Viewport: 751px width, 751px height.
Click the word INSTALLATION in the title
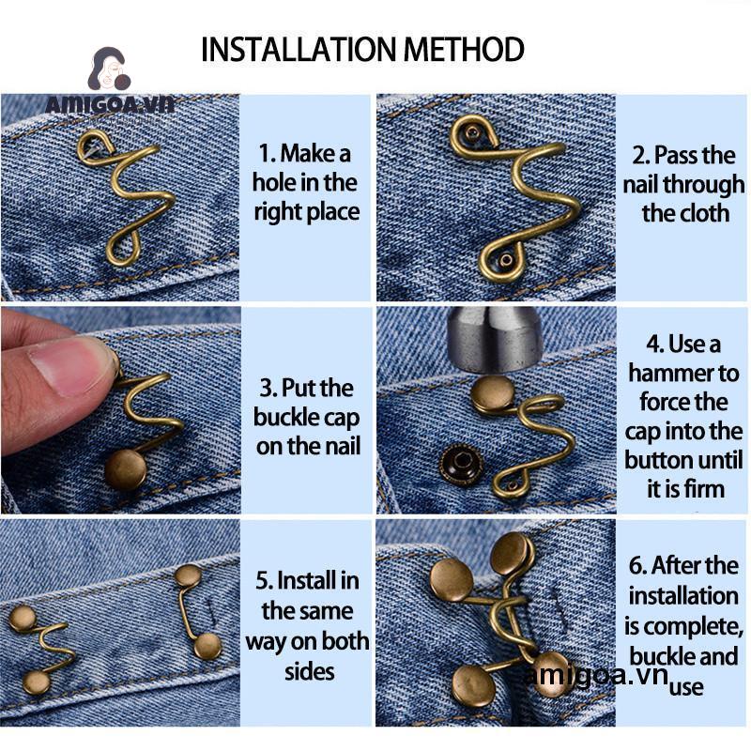(x=299, y=49)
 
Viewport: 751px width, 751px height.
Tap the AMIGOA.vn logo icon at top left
(x=110, y=69)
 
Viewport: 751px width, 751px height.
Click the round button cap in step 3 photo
(x=126, y=470)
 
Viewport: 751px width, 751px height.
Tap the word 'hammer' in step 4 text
(x=683, y=374)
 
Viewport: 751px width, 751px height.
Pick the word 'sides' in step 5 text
(x=310, y=671)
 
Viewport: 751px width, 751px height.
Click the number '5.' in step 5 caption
(x=265, y=580)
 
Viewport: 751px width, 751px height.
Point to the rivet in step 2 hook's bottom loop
(x=506, y=260)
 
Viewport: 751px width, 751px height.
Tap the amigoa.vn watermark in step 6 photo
(x=596, y=675)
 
